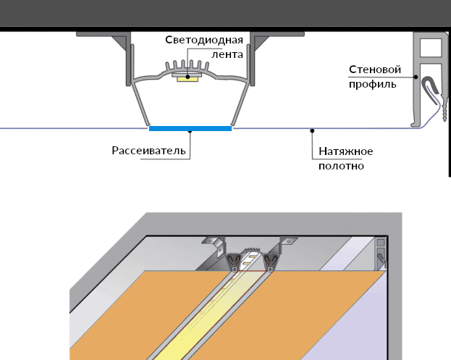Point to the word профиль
[372, 84]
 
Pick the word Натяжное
[345, 151]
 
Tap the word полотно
[341, 166]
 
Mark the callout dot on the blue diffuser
[190, 131]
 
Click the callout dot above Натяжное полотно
[312, 130]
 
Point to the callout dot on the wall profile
[418, 77]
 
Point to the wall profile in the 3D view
[382, 254]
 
